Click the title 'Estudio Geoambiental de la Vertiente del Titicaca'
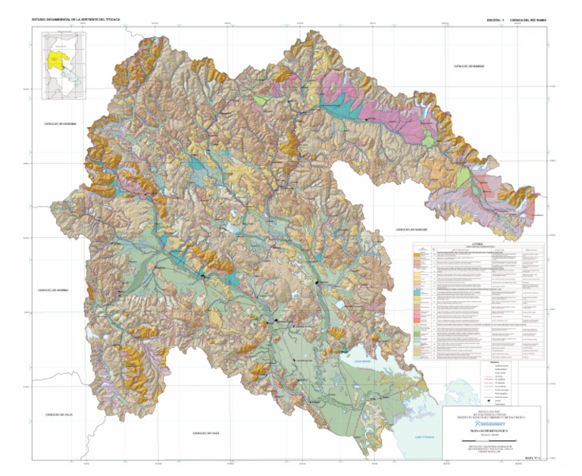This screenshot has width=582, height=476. [76, 17]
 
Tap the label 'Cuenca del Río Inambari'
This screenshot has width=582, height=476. [468, 67]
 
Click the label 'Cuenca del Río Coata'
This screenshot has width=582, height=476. [205, 433]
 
